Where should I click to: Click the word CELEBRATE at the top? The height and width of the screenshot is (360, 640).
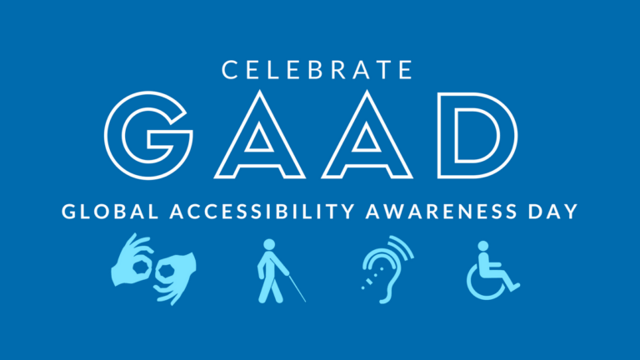[320, 70]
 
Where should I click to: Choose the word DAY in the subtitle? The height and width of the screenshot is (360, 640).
[553, 212]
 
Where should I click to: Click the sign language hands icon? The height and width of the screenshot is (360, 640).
[154, 269]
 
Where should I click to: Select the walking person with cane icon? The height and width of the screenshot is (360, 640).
[272, 271]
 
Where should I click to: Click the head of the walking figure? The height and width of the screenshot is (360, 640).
[269, 244]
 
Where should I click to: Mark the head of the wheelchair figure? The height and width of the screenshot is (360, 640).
[482, 245]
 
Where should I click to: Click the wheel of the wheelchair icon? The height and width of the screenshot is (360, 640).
[484, 284]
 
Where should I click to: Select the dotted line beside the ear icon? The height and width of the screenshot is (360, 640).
[366, 283]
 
